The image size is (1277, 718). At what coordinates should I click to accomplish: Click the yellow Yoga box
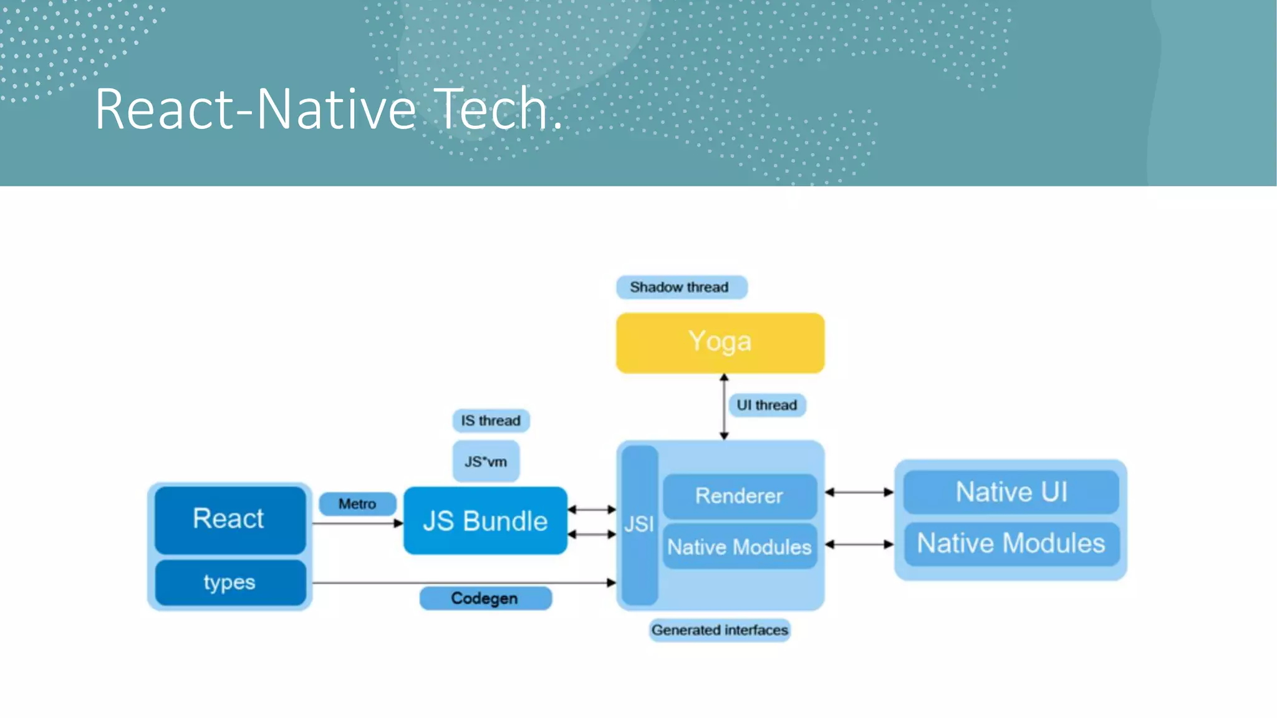[x=720, y=343]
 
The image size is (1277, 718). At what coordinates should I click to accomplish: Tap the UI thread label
[x=766, y=405]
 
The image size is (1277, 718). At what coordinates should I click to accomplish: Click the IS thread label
[x=491, y=421]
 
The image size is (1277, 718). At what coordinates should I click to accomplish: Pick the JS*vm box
[x=486, y=462]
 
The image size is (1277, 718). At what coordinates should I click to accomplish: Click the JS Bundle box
[x=485, y=521]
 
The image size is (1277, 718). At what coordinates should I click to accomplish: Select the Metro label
[x=357, y=504]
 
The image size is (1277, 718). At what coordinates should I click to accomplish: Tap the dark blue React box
[x=229, y=519]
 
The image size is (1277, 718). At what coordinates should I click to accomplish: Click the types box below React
[x=229, y=583]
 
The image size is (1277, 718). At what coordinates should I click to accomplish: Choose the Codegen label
[x=485, y=598]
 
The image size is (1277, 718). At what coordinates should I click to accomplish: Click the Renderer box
[x=739, y=496]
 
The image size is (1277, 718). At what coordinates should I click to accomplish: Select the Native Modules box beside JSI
[x=739, y=547]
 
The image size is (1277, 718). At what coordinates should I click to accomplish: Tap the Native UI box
[x=1011, y=492]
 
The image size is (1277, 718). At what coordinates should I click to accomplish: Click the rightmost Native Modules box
[x=1011, y=543]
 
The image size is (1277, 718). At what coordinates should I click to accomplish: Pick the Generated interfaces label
[x=720, y=630]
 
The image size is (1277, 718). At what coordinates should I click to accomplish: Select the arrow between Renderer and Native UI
[x=859, y=492]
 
